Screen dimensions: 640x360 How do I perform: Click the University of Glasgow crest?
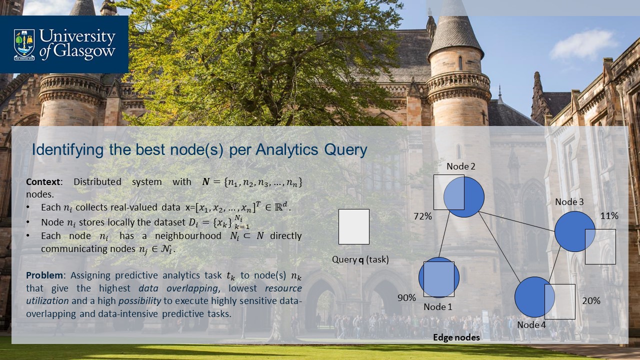(x=24, y=44)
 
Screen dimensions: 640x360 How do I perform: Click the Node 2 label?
(x=461, y=166)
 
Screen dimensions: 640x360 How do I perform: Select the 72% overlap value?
(x=423, y=216)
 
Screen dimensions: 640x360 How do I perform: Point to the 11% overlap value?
(x=609, y=215)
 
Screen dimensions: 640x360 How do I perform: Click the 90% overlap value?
(x=406, y=297)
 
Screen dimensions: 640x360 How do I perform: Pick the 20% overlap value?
(x=591, y=300)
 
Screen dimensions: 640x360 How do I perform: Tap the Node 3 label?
(x=569, y=201)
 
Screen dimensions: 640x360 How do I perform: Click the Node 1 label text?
(x=437, y=306)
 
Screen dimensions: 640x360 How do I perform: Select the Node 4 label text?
(x=531, y=324)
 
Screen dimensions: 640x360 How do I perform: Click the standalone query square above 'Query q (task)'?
(x=354, y=226)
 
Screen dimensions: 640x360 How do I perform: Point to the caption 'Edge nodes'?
(x=456, y=337)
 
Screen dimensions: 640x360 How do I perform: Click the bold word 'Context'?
(x=43, y=181)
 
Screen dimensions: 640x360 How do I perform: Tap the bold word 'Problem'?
(x=44, y=275)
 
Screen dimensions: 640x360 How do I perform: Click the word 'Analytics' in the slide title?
(x=286, y=149)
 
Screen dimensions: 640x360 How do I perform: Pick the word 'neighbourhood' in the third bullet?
(x=188, y=236)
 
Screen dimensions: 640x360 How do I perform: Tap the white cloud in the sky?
(x=583, y=44)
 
